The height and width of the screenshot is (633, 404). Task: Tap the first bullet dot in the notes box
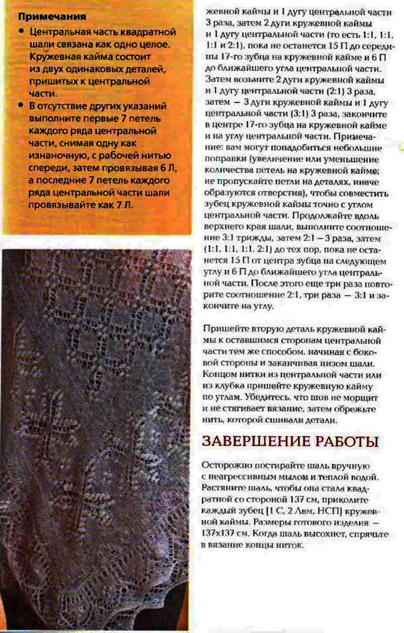23,31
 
